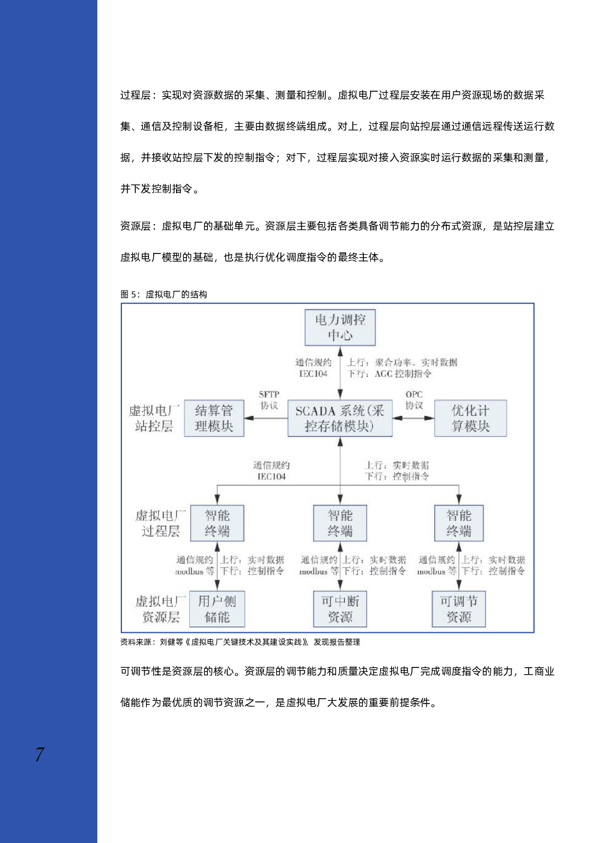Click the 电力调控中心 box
[x=339, y=327]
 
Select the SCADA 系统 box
[x=339, y=418]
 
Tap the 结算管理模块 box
[x=214, y=418]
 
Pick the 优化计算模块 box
[x=470, y=418]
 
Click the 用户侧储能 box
[x=217, y=609]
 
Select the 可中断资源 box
[x=339, y=609]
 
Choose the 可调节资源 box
[x=458, y=609]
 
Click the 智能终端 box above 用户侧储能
[x=217, y=523]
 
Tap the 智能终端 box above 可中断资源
[x=339, y=523]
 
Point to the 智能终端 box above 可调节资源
[x=458, y=523]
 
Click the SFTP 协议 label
[x=269, y=400]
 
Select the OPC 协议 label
[x=414, y=400]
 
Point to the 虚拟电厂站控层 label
[x=154, y=418]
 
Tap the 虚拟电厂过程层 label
[x=160, y=523]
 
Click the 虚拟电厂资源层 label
[x=160, y=609]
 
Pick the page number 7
[x=40, y=754]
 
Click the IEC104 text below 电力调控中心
[x=313, y=374]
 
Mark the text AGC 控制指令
[x=403, y=374]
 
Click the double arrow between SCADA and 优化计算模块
[x=413, y=418]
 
